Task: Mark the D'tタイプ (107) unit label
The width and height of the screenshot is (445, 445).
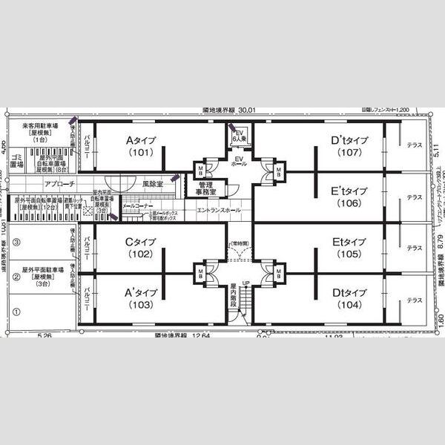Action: (349, 146)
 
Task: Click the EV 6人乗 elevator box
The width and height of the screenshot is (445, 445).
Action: (239, 135)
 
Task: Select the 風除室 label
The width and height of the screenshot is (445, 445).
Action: (153, 183)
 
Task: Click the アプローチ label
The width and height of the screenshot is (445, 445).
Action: (59, 183)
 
